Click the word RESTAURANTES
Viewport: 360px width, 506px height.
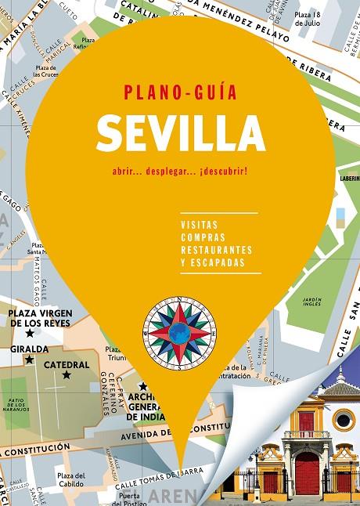(216, 250)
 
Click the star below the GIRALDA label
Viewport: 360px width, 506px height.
(29, 360)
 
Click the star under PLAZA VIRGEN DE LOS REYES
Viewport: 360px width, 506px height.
(29, 333)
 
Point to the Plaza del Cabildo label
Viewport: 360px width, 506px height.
(70, 480)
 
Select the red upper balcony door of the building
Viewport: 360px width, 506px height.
(307, 422)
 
